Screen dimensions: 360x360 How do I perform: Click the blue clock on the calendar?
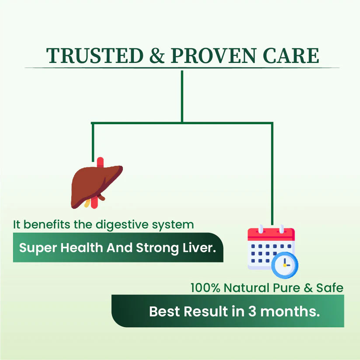click(x=285, y=265)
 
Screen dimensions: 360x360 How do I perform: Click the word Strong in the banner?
click(x=155, y=248)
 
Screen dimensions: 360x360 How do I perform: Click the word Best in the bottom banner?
click(x=164, y=311)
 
